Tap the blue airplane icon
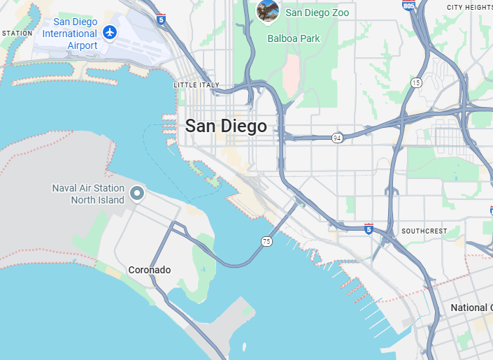(x=110, y=31)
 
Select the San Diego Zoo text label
(x=317, y=13)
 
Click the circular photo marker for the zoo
(x=268, y=10)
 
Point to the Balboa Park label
(x=293, y=38)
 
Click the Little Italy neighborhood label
(x=196, y=85)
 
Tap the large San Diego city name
(x=226, y=127)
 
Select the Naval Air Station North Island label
(x=88, y=194)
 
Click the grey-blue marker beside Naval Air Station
(x=138, y=193)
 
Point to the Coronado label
(x=149, y=270)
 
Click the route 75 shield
(x=266, y=241)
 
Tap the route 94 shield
(x=337, y=138)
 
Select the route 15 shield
(x=416, y=82)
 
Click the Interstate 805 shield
(x=408, y=6)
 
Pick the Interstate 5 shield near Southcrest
(x=369, y=229)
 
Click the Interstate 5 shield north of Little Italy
(x=162, y=19)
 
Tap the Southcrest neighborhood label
(x=424, y=231)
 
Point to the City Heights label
(x=469, y=7)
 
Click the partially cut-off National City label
(x=471, y=308)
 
